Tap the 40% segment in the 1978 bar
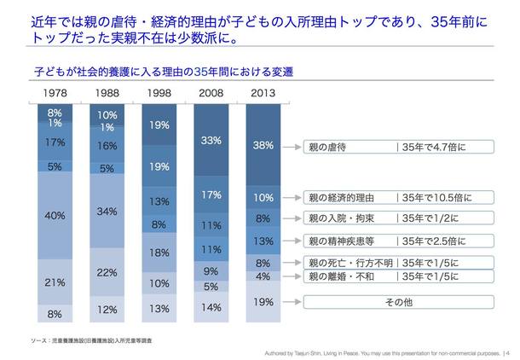(x=55, y=216)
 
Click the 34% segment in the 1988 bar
(x=107, y=211)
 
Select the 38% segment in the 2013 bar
(x=264, y=146)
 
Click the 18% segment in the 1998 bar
(x=159, y=253)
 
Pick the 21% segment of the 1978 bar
(x=55, y=282)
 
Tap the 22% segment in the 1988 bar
(x=107, y=272)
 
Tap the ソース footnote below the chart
(x=81, y=340)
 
